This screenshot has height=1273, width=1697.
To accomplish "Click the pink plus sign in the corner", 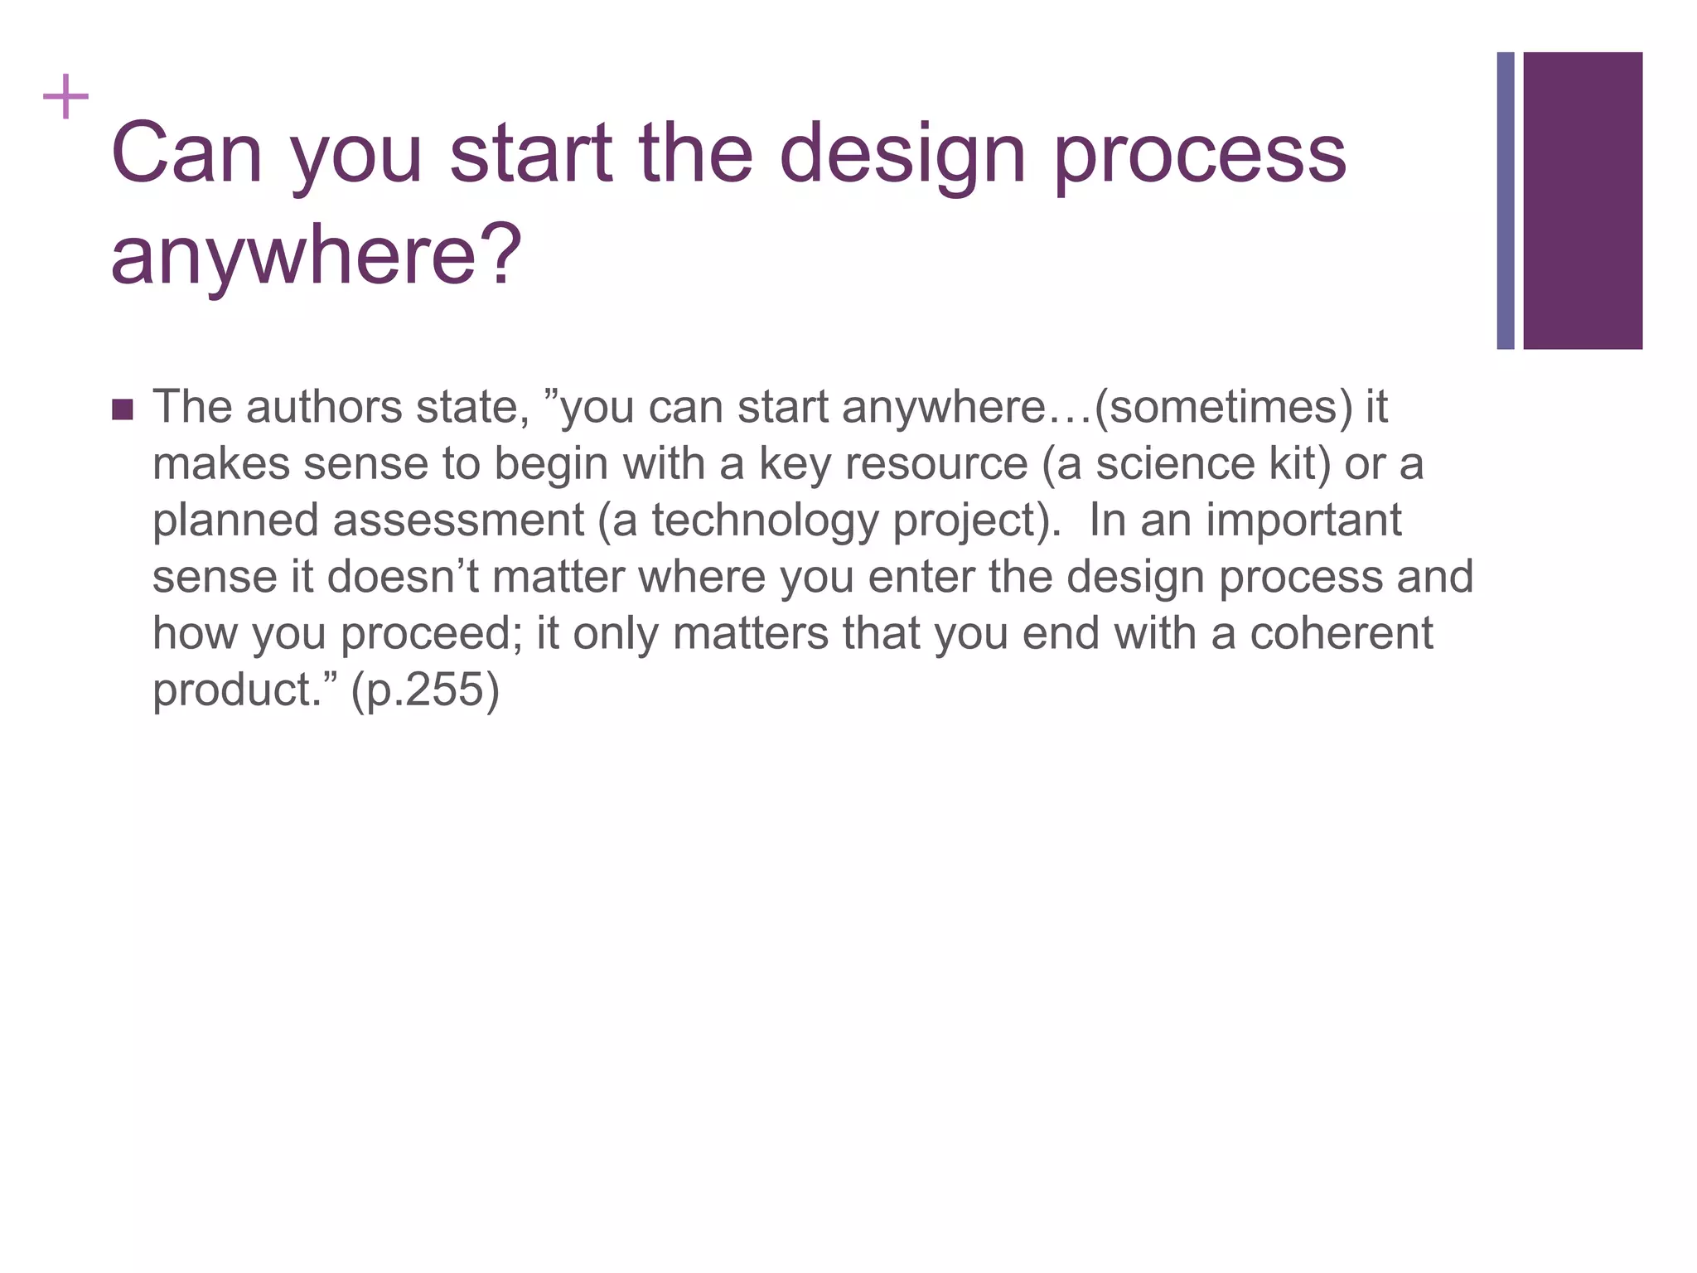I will coord(65,98).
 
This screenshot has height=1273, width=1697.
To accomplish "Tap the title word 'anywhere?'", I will coord(316,254).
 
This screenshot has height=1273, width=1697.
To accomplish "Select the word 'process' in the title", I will coord(1200,157).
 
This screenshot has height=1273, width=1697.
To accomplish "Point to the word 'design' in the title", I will coord(903,157).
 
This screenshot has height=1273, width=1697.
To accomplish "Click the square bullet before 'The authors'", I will coord(122,409).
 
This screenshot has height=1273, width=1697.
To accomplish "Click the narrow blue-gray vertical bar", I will coord(1506,201).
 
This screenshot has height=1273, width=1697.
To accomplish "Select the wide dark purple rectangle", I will coord(1583,201).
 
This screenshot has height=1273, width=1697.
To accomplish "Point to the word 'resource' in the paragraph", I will coord(936,464).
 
